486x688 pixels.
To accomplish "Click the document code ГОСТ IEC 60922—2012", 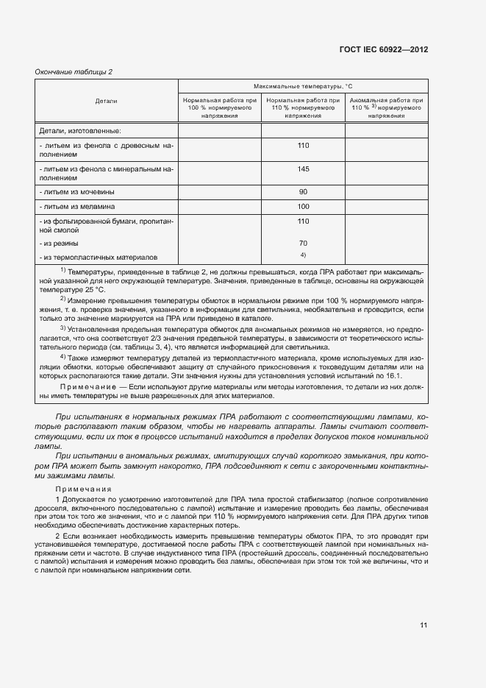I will click(x=383, y=49).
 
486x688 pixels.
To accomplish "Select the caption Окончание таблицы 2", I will click(x=74, y=71).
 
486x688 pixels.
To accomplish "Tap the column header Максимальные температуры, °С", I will click(x=303, y=86).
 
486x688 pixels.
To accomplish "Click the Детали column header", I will click(x=106, y=100).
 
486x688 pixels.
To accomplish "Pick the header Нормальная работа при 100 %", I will click(x=220, y=107).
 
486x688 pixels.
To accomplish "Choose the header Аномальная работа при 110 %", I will click(x=386, y=107).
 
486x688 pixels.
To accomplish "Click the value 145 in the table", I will click(x=303, y=169).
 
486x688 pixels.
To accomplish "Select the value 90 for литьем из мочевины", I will click(x=303, y=191).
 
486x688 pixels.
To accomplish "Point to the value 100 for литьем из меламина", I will click(x=303, y=206).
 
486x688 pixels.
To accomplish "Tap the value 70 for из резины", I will click(x=303, y=243).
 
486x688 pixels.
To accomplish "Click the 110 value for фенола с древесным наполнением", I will click(x=303, y=146).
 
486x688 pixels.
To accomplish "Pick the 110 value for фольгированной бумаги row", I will click(x=303, y=221).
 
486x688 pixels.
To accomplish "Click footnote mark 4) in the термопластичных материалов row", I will click(x=303, y=255).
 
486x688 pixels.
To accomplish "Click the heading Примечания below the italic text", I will click(x=83, y=489).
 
